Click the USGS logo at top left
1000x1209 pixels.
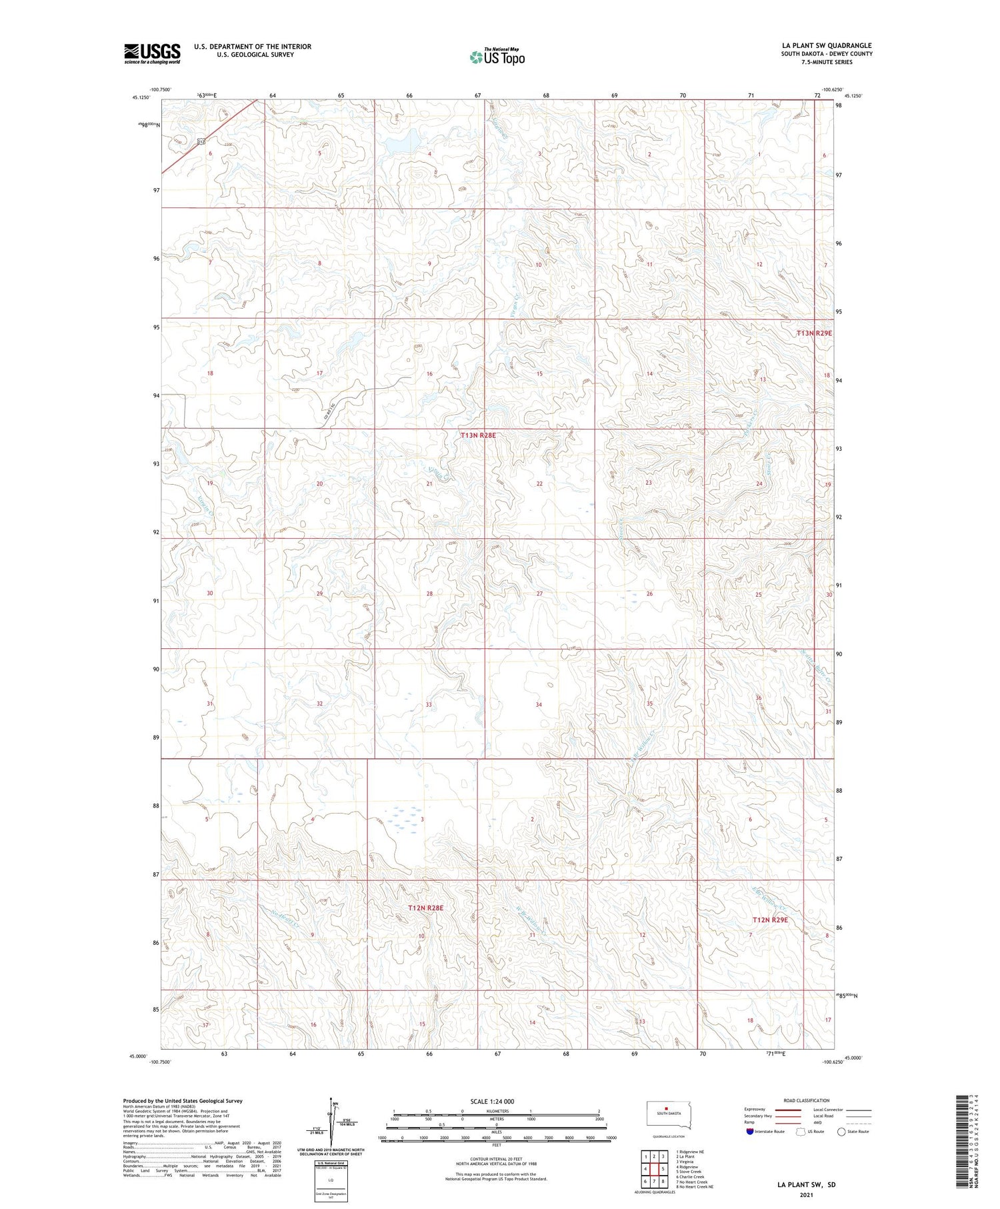(x=152, y=53)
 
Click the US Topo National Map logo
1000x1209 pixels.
(x=497, y=57)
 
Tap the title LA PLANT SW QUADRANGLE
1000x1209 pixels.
(x=827, y=45)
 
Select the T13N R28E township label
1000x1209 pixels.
(x=479, y=435)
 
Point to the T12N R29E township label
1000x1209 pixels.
(x=770, y=920)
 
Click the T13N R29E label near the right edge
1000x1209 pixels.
(x=814, y=333)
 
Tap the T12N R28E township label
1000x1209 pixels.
(x=426, y=908)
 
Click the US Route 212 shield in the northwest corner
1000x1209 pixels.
(x=201, y=142)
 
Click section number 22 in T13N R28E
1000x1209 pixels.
(x=539, y=483)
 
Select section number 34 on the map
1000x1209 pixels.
(x=539, y=704)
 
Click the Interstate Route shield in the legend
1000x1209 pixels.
(x=749, y=1131)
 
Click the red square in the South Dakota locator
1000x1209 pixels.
(x=665, y=1110)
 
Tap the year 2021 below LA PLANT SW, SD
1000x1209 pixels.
(x=806, y=1194)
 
